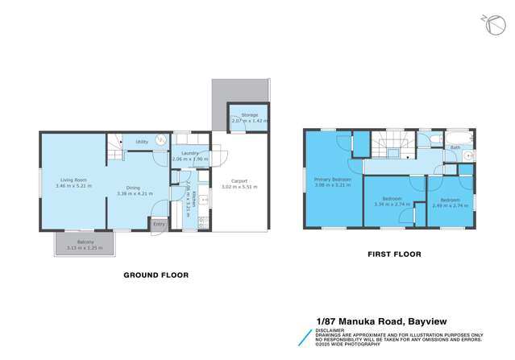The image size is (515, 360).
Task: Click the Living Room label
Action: click(73, 180)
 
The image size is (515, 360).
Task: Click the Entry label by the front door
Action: click(159, 224)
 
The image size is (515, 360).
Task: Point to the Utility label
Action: click(141, 141)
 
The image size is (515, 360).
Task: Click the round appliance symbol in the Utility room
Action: click(161, 139)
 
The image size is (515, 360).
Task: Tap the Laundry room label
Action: click(190, 152)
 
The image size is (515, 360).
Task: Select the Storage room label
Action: click(249, 115)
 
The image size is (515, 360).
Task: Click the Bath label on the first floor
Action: click(455, 147)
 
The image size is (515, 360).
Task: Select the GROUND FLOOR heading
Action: click(156, 275)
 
